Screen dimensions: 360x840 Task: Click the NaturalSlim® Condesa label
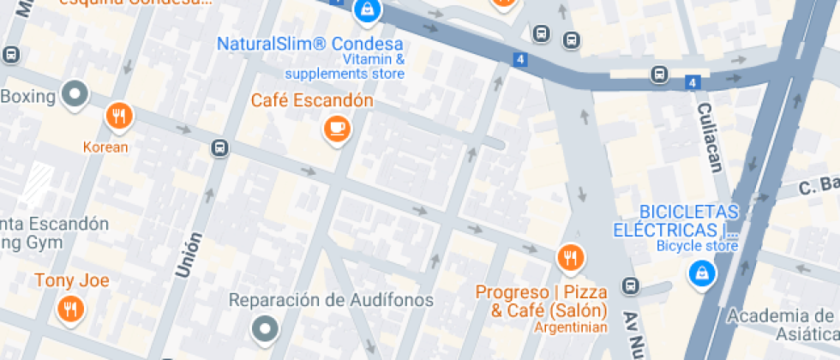pyautogui.click(x=309, y=44)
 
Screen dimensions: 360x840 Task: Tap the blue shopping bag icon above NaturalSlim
pyautogui.click(x=367, y=10)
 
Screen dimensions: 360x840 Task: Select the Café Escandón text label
pyautogui.click(x=312, y=100)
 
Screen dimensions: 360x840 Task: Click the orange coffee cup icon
pyautogui.click(x=336, y=129)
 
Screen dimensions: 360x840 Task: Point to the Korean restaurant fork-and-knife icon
pyautogui.click(x=118, y=116)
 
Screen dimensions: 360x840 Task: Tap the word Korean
pyautogui.click(x=105, y=147)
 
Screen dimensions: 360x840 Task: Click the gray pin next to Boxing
pyautogui.click(x=75, y=94)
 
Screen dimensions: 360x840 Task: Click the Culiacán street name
pyautogui.click(x=711, y=136)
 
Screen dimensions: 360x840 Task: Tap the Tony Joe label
pyautogui.click(x=72, y=280)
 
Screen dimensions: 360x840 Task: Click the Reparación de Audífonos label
pyautogui.click(x=331, y=300)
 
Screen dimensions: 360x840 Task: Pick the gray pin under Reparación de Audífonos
pyautogui.click(x=265, y=327)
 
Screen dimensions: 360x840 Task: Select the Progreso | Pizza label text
pyautogui.click(x=542, y=292)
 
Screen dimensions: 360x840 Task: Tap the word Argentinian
pyautogui.click(x=570, y=327)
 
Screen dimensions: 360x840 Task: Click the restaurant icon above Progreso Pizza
pyautogui.click(x=569, y=256)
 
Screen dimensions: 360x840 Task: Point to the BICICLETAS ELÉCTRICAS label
pyautogui.click(x=675, y=220)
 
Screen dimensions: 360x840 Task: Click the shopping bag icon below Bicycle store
pyautogui.click(x=702, y=273)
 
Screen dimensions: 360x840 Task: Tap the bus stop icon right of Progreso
pyautogui.click(x=630, y=285)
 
